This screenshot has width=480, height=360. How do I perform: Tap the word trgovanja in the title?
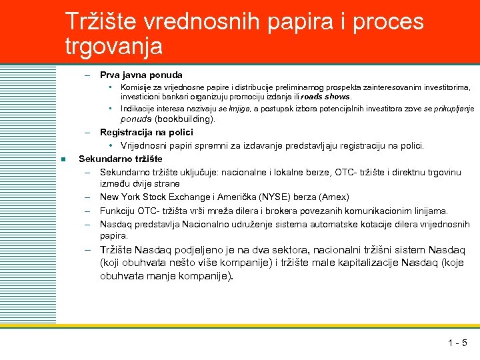pyautogui.click(x=113, y=46)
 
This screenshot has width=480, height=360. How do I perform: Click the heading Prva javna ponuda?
pyautogui.click(x=141, y=75)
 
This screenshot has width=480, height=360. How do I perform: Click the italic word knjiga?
pyautogui.click(x=241, y=108)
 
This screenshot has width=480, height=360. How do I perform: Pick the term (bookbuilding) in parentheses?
pyautogui.click(x=185, y=119)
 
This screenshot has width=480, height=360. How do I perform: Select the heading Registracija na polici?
pyautogui.click(x=147, y=132)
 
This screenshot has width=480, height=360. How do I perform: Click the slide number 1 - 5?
pyautogui.click(x=457, y=344)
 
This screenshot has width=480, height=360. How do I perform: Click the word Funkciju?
pyautogui.click(x=117, y=211)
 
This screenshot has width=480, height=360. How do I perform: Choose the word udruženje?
pyautogui.click(x=247, y=224)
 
